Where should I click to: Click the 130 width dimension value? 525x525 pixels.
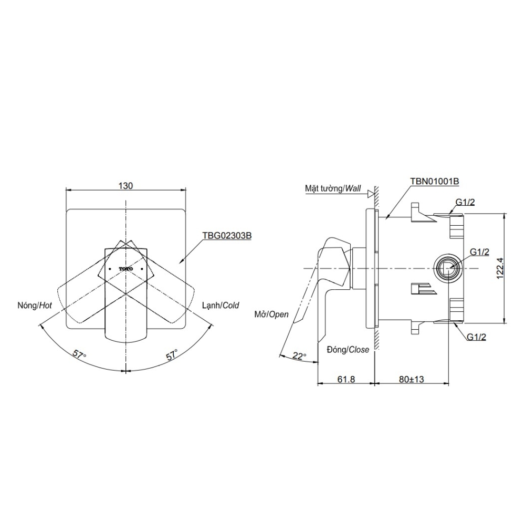tap(125, 185)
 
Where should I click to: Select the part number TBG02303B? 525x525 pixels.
tap(227, 236)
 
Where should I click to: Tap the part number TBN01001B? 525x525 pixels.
tap(434, 181)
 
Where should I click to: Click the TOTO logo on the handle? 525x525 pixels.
tap(126, 269)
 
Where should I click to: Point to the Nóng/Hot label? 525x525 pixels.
tap(35, 306)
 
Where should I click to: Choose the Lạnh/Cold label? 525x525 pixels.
tap(220, 305)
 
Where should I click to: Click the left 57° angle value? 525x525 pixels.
tap(79, 354)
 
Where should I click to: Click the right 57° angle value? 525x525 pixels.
tap(172, 354)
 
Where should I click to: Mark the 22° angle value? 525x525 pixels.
tap(299, 355)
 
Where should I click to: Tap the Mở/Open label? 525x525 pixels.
tap(271, 314)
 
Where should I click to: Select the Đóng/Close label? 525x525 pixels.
tap(348, 350)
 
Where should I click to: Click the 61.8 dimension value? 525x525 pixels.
tap(346, 379)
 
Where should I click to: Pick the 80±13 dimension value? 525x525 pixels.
tap(412, 379)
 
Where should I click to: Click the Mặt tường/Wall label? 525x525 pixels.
tap(333, 188)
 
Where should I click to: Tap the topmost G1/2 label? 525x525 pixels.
tap(465, 202)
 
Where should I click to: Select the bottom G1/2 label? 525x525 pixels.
tap(476, 337)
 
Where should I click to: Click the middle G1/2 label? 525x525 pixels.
tap(479, 252)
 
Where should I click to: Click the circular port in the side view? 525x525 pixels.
tap(448, 269)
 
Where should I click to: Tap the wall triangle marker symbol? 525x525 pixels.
tap(370, 194)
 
